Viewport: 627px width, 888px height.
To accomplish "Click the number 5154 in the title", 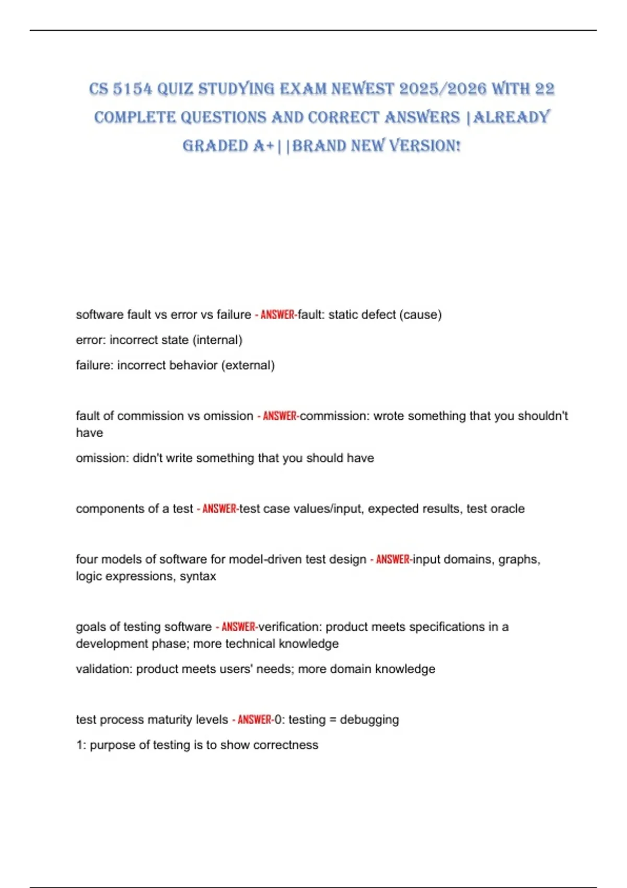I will coord(132,89).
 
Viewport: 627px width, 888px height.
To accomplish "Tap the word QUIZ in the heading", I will coord(175,89).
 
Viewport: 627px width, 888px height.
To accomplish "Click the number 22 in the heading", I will coord(544,89).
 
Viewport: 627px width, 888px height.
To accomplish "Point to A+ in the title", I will coord(263,146).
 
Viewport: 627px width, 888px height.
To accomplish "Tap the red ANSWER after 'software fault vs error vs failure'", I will coord(277,315).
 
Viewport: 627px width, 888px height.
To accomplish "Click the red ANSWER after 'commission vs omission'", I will coord(280,416).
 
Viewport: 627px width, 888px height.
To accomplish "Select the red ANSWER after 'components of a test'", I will coord(219,509).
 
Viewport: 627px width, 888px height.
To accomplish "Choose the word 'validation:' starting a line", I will coord(104,669).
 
